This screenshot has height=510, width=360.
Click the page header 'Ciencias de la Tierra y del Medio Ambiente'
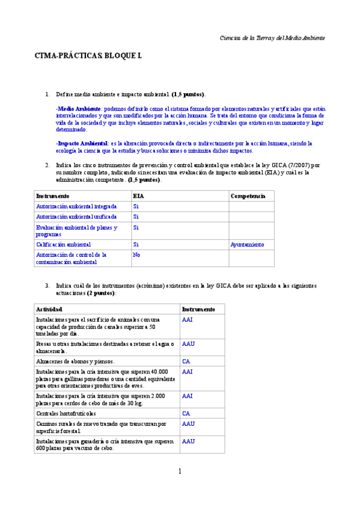tap(273, 37)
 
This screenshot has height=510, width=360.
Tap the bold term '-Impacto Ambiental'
tap(73, 143)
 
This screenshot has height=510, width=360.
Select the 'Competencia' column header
tap(248, 196)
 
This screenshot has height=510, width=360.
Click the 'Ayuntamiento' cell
tap(248, 245)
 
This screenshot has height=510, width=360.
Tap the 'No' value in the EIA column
tap(136, 254)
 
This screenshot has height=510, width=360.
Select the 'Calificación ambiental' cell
tap(63, 245)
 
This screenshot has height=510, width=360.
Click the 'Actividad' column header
tap(49, 309)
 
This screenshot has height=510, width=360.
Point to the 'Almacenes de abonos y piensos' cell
tap(75, 361)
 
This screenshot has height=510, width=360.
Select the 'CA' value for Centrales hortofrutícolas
tap(186, 414)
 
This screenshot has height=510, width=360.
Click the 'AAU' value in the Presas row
tap(188, 344)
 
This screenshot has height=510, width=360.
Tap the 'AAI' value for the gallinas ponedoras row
tap(188, 372)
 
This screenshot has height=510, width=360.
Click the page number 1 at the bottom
tap(179, 471)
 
